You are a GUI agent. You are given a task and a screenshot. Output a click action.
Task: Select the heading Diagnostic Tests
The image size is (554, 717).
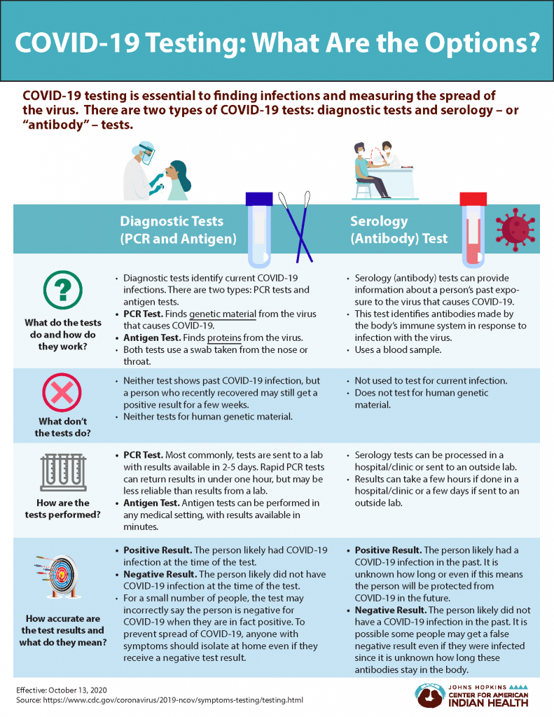pyautogui.click(x=172, y=221)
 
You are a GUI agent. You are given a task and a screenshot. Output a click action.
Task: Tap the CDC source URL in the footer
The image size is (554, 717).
pyautogui.click(x=181, y=701)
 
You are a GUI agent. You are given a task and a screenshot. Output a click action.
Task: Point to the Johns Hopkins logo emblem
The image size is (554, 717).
pyautogui.click(x=429, y=695)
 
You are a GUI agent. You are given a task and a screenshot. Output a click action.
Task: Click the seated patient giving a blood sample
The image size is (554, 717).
pyautogui.click(x=368, y=172)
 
